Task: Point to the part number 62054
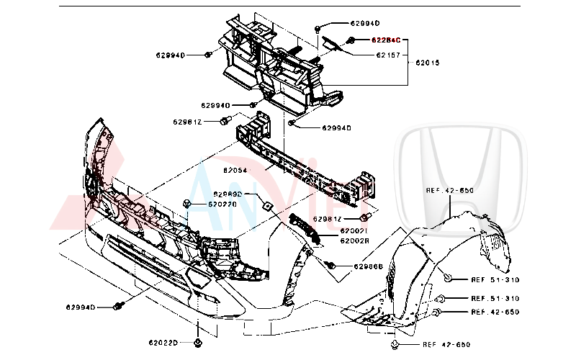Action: (x=235, y=171)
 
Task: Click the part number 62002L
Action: (x=354, y=231)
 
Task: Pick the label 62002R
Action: (x=354, y=240)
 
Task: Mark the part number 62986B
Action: (x=368, y=266)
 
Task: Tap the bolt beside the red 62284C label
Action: (x=351, y=40)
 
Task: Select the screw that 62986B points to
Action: (x=332, y=265)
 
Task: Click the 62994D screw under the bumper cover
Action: (x=117, y=307)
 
